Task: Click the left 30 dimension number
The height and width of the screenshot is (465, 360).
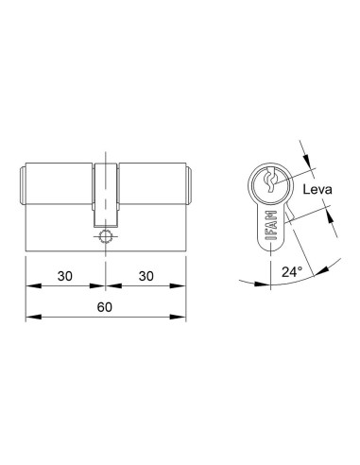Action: coord(65,276)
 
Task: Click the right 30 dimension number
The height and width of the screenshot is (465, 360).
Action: coord(146,276)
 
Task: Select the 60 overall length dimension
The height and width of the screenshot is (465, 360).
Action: coord(105,307)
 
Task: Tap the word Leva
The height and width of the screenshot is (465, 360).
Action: coord(317,190)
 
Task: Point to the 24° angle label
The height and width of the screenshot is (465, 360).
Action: coord(292,271)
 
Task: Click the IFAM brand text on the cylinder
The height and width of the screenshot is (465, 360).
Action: coord(271,226)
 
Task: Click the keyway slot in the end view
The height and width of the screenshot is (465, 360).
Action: coord(271,181)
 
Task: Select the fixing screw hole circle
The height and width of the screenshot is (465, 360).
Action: coord(104,236)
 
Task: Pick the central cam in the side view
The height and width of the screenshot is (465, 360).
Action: coord(106,195)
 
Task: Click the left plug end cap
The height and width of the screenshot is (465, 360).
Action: coord(23,186)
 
